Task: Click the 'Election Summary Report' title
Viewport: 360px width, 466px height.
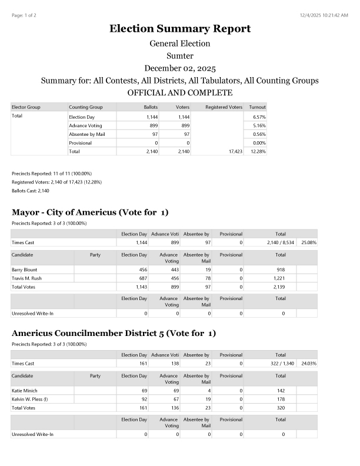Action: coord(179,29)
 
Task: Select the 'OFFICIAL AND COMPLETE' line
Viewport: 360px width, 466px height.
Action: coord(179,93)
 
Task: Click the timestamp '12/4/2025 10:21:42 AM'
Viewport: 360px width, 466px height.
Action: coord(323,15)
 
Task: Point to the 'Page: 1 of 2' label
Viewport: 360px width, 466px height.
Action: coord(24,15)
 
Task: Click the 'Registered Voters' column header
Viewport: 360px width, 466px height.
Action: coord(224,107)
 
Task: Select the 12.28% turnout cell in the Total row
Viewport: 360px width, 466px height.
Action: coord(258,151)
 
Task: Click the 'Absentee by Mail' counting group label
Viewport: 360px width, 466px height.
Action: coord(86,134)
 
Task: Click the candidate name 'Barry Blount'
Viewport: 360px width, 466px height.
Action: coord(24,269)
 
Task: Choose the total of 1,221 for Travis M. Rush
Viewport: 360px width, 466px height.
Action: coord(281,278)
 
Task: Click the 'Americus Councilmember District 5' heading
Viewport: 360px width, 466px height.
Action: coord(114,334)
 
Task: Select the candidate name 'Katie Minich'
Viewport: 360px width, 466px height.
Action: coord(25,390)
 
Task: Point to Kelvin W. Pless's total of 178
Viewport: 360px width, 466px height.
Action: coord(281,399)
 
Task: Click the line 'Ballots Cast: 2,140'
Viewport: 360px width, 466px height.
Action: coord(31,191)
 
